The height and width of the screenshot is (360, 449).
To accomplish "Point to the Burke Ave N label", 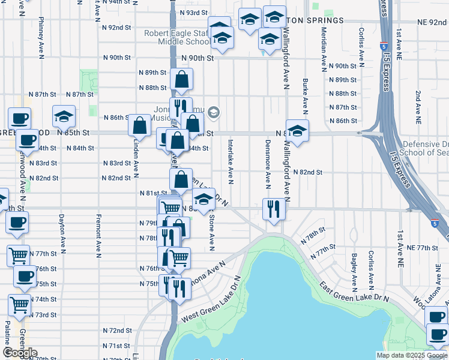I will click(x=306, y=96).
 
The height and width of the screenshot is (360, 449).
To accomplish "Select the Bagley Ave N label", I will click(x=355, y=269).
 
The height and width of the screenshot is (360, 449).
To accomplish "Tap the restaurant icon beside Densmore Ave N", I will click(x=274, y=209).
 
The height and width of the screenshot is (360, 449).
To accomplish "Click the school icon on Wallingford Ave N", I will click(x=297, y=131).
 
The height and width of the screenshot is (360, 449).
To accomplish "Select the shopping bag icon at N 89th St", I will click(x=181, y=79).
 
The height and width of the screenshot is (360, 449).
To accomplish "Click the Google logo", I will click(x=20, y=353).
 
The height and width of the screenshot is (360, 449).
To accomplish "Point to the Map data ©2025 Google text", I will click(x=412, y=355).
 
